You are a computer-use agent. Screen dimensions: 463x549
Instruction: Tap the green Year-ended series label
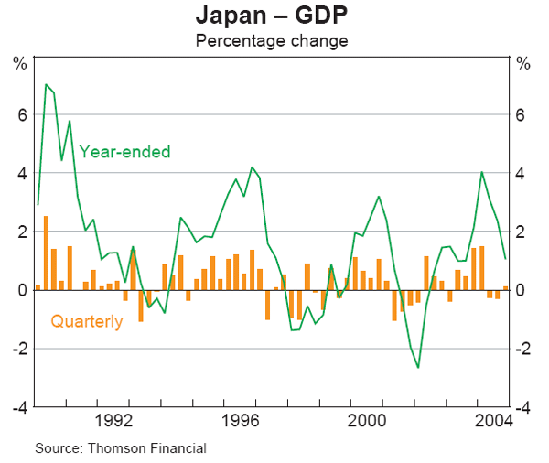[x=124, y=152]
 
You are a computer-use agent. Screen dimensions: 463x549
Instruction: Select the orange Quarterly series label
[x=86, y=321]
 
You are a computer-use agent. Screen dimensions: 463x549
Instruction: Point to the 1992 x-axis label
[x=114, y=421]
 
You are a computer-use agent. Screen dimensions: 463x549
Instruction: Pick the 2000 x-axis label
[x=368, y=421]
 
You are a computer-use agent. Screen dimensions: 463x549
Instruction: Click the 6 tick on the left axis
[x=20, y=114]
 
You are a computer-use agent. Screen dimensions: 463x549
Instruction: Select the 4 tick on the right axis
[x=522, y=173]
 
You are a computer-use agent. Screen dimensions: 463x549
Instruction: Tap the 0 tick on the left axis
[x=20, y=290]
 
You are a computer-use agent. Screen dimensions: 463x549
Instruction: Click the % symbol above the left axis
[x=19, y=63]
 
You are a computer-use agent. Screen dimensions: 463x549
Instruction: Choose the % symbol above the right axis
[x=523, y=63]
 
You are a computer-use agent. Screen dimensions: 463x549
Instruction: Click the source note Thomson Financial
[x=120, y=448]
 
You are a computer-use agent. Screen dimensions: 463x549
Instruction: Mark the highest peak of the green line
[x=46, y=85]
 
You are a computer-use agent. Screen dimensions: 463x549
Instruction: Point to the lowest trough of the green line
[x=418, y=367]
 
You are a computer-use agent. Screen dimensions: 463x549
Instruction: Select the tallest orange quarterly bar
[x=46, y=253]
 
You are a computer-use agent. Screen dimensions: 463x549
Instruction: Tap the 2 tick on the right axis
[x=522, y=231]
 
